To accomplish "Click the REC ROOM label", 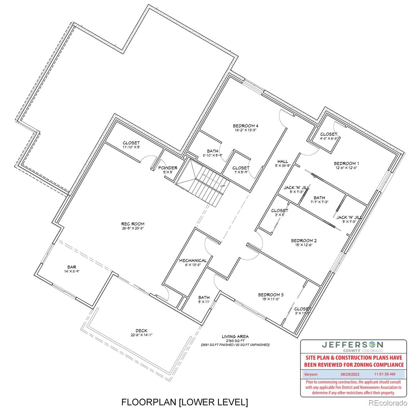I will click(x=133, y=224).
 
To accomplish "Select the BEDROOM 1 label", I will click(x=346, y=163).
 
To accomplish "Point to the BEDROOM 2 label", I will click(x=304, y=241).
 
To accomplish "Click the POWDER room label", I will click(x=167, y=168).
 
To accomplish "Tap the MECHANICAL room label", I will click(x=193, y=260).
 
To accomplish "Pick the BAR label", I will click(x=72, y=267).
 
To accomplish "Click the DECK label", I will click(x=142, y=330).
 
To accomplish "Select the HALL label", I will click(x=283, y=161).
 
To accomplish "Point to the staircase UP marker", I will click(x=223, y=186).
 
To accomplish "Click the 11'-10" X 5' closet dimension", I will click(x=131, y=147).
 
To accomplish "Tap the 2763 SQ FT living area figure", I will click(x=235, y=341).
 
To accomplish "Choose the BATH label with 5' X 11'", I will click(x=204, y=297).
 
